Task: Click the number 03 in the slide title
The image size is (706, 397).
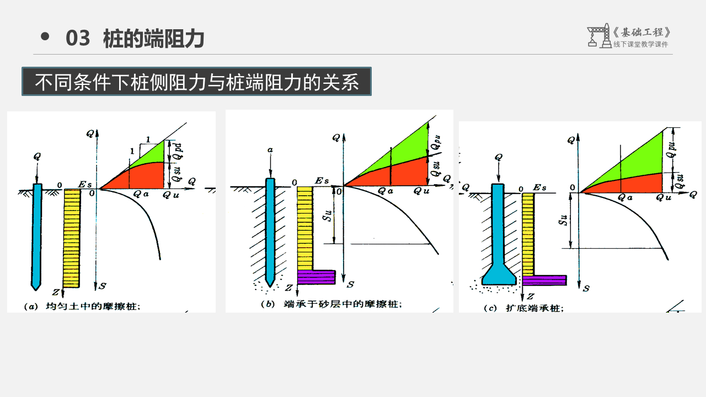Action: (78, 39)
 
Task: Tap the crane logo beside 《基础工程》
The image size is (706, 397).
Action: (598, 36)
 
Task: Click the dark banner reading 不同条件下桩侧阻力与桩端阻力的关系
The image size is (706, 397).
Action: (196, 82)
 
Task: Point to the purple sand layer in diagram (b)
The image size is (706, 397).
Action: (316, 276)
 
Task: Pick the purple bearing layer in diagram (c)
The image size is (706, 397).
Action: (544, 280)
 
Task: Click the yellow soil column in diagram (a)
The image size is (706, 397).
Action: (72, 237)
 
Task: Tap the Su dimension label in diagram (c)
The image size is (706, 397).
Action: (563, 221)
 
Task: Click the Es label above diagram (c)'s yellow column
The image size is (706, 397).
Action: (539, 188)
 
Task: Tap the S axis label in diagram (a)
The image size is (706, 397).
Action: (103, 286)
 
